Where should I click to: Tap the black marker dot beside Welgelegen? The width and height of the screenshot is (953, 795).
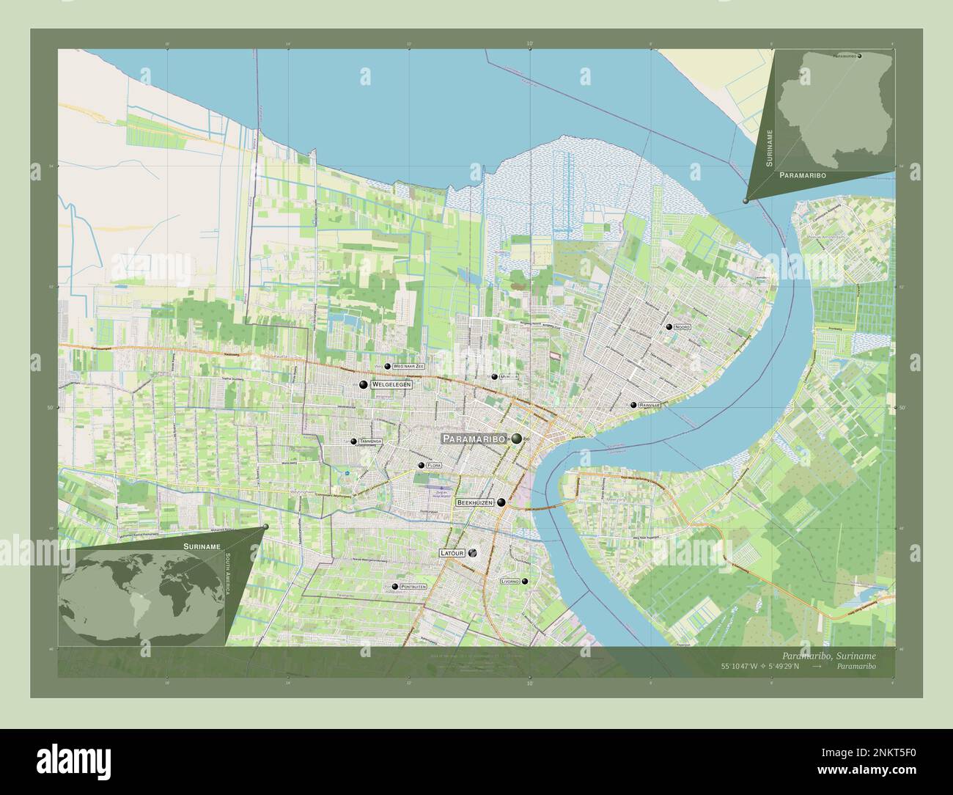click(x=363, y=384)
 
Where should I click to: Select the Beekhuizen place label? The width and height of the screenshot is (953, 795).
click(x=474, y=503)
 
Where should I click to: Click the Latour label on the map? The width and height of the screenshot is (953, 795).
click(x=452, y=552)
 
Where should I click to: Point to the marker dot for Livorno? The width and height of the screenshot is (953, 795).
click(x=524, y=581)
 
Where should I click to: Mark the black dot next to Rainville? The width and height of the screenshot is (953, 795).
click(x=632, y=404)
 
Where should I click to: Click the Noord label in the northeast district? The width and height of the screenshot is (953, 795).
click(x=682, y=327)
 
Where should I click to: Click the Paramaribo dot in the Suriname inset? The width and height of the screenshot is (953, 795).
click(x=859, y=56)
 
